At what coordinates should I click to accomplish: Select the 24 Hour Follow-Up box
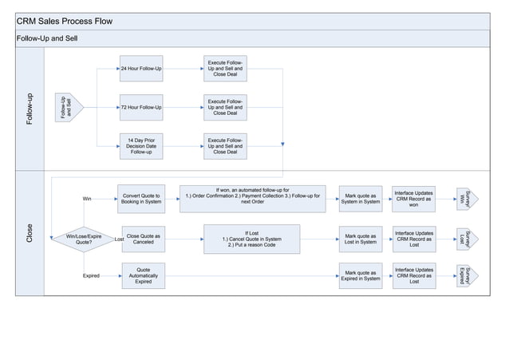pos(141,69)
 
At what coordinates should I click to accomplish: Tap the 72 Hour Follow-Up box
pos(141,107)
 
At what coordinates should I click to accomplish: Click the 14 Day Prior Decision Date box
pos(141,145)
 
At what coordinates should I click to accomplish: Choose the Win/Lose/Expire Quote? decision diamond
pos(83,238)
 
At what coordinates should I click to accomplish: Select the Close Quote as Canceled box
pos(144,238)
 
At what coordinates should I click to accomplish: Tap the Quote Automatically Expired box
pos(144,275)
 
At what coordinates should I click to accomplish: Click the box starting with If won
pos(252,196)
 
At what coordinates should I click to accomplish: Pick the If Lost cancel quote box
pos(252,238)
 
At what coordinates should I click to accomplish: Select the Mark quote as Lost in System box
pos(361,238)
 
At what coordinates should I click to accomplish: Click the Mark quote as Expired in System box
pos(361,275)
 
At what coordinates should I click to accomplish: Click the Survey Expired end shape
pos(467,275)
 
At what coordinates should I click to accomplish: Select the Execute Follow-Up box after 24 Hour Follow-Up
pos(225,69)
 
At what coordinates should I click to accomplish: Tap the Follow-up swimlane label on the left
pos(30,108)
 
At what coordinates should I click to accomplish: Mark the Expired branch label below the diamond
pos(92,275)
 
